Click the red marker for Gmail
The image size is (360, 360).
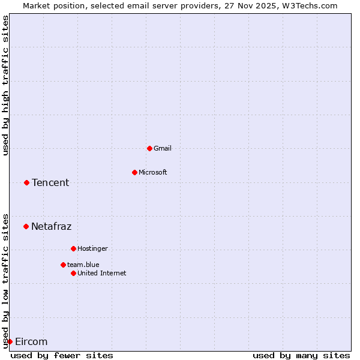[149, 148]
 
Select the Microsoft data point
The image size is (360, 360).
[134, 172]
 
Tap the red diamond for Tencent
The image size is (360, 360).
[26, 182]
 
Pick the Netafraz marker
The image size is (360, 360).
[26, 226]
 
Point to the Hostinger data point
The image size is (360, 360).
[73, 248]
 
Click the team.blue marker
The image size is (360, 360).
[63, 265]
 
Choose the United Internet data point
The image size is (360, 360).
[73, 273]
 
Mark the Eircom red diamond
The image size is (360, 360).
[10, 341]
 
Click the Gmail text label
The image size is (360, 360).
[163, 148]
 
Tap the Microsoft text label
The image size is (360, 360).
[153, 172]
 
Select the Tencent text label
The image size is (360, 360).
[50, 182]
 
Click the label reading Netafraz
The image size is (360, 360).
[51, 226]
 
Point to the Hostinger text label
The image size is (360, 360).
[92, 248]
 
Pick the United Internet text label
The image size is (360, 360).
[102, 273]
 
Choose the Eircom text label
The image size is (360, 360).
[31, 341]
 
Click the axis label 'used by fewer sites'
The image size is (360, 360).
[62, 355]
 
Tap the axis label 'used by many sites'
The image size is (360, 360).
[301, 355]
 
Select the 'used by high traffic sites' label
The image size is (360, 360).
[5, 85]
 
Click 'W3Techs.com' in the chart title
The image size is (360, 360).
[311, 5]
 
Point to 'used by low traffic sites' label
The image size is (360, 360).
[5, 281]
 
